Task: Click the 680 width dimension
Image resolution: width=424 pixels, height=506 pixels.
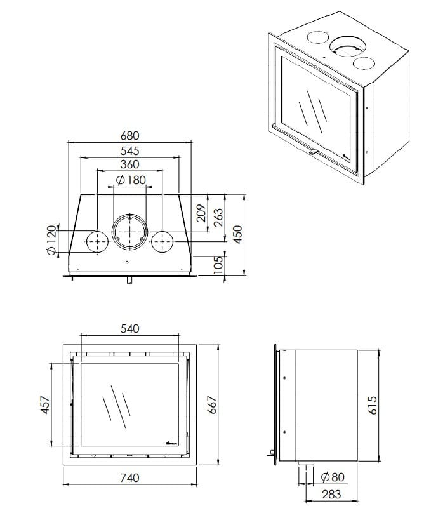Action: pos(129,136)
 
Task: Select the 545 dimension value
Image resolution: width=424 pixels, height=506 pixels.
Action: pos(129,151)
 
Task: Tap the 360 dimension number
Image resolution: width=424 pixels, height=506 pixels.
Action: pos(129,165)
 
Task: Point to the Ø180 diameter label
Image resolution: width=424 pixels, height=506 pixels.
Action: pos(131,180)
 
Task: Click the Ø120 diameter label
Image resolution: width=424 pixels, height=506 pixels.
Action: pos(52,241)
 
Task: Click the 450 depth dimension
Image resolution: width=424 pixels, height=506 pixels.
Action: pos(237,235)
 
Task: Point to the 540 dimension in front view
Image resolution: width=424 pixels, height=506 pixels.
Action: pos(129,329)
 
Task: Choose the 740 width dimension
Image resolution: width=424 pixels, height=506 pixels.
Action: pos(129,477)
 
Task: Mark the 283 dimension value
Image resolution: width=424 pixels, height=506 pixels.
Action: pos(331,493)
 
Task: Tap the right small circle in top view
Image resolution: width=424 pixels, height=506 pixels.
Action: pos(162,242)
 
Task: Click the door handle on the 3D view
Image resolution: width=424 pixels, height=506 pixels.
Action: pos(313,152)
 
